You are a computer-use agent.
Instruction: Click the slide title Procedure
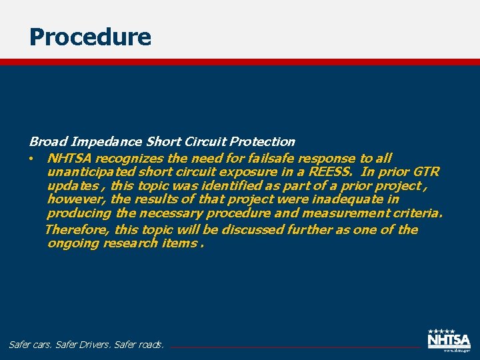click(90, 37)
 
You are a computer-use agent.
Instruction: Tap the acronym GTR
click(427, 172)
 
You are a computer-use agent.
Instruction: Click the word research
click(129, 243)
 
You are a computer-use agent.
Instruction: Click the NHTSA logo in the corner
click(449, 339)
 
